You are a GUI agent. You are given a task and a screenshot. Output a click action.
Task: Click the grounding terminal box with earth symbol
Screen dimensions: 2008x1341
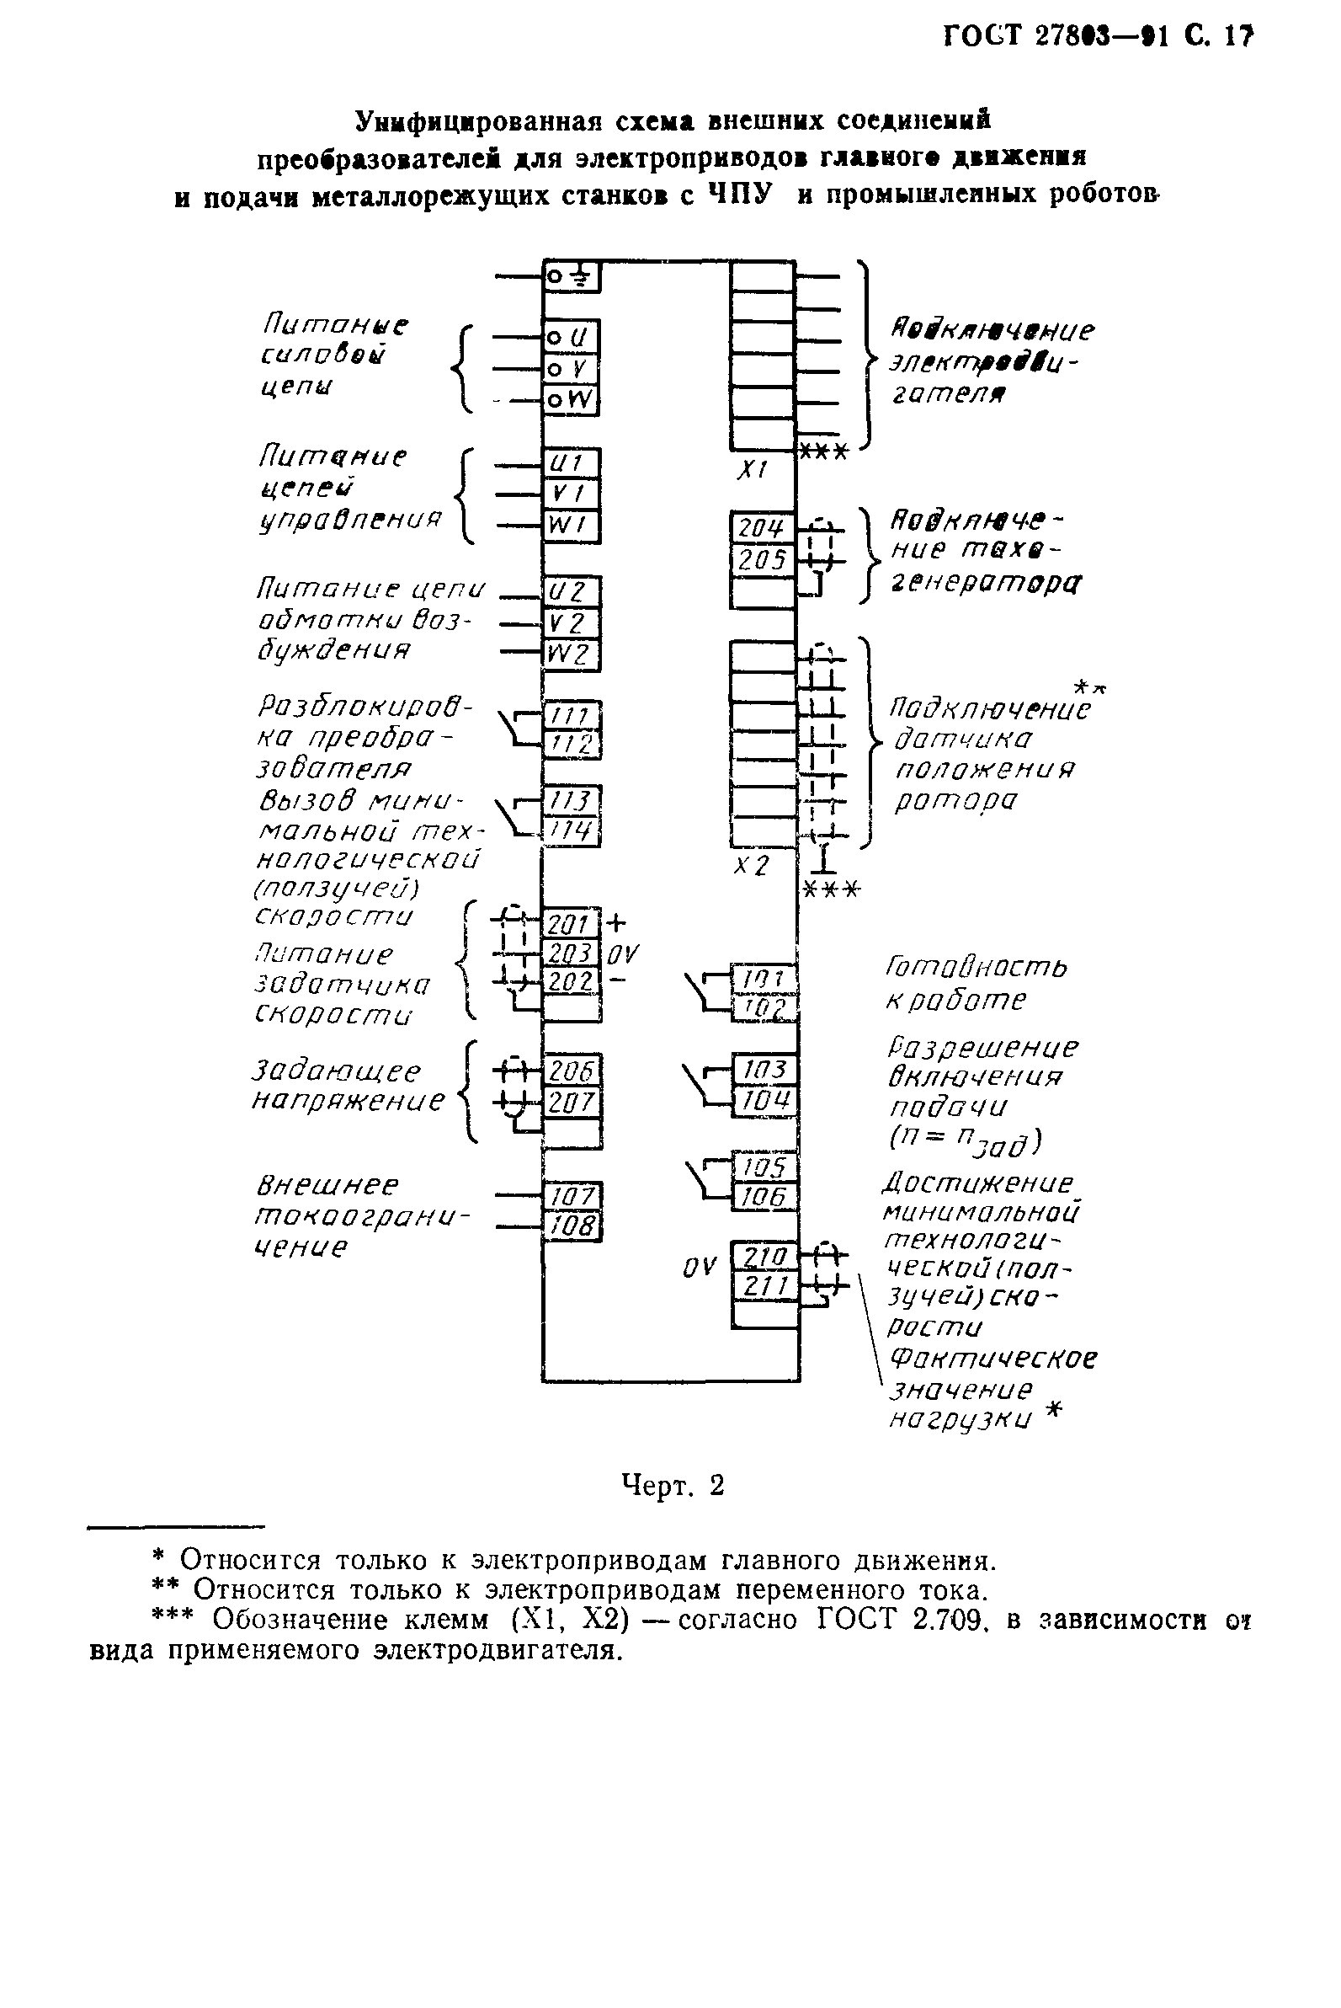572,276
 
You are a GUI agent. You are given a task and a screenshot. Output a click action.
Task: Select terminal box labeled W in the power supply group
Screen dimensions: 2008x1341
572,399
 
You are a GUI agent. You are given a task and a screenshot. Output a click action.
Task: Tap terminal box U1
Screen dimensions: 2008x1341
572,464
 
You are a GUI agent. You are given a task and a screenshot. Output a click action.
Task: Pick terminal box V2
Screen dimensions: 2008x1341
572,622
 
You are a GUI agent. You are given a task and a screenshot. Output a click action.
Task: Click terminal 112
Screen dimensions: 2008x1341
572,745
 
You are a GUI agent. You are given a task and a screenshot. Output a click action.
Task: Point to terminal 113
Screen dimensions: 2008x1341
572,801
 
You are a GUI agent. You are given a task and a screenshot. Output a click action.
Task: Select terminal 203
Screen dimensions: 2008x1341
572,953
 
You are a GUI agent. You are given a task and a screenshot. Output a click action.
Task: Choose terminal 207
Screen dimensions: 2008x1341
572,1102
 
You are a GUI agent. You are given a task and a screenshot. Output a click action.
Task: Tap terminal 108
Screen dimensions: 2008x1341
572,1226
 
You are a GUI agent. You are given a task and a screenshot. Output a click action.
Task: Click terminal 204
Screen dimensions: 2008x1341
762,529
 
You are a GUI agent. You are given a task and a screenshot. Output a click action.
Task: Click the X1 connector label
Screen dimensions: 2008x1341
753,469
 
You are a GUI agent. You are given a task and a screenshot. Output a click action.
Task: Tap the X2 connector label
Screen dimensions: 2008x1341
752,866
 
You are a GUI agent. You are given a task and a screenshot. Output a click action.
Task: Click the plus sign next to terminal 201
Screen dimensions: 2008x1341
615,922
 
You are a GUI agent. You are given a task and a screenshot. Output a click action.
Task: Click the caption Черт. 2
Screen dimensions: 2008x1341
673,1485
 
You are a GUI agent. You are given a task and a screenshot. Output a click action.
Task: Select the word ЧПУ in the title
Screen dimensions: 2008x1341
738,195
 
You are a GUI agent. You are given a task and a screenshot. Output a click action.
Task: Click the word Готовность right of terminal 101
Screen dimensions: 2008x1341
975,967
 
